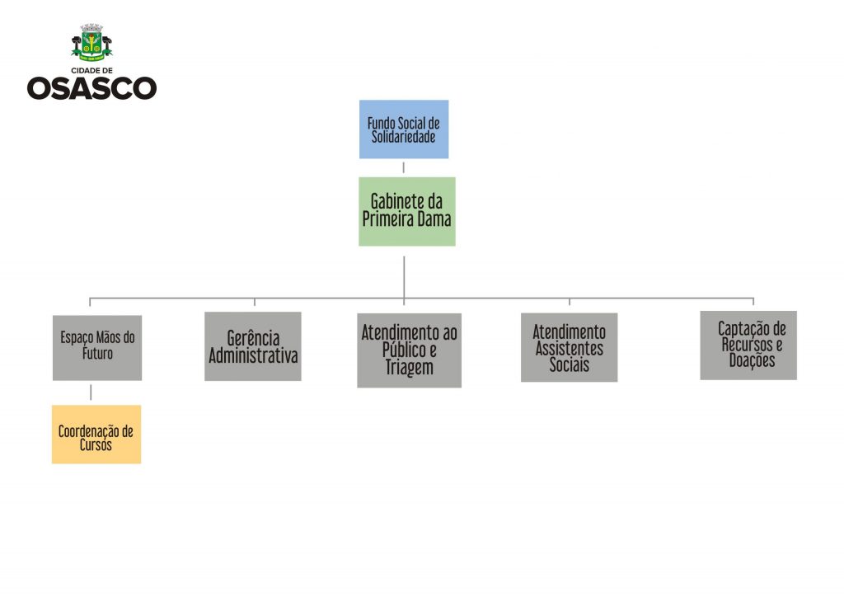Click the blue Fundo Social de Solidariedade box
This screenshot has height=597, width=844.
tap(404, 129)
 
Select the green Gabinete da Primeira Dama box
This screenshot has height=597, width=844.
tap(406, 211)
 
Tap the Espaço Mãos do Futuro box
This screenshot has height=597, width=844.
tap(97, 347)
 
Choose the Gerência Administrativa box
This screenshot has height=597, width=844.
tap(253, 346)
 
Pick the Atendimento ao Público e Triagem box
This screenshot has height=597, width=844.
tap(409, 350)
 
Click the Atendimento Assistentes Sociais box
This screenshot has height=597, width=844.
tap(569, 347)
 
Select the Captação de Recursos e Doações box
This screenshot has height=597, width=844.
tap(748, 345)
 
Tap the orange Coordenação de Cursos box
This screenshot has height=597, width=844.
tap(96, 435)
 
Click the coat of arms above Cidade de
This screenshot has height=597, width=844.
tap(92, 42)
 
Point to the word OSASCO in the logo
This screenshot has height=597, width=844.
tap(91, 87)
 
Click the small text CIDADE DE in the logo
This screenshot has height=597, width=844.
tap(91, 70)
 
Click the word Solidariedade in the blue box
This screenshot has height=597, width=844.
tap(403, 137)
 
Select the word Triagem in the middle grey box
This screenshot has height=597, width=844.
tap(409, 368)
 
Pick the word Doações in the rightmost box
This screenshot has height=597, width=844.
tap(752, 360)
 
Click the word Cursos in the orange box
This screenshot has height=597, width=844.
tap(96, 444)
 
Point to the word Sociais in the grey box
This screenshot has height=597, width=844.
tap(569, 364)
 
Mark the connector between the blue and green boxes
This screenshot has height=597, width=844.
tap(404, 167)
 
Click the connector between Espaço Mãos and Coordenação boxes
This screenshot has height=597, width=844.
tap(91, 393)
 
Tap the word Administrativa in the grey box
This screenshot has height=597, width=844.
tap(253, 356)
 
